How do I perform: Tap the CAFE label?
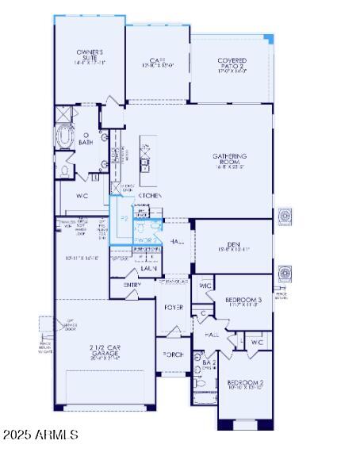pos(157,60)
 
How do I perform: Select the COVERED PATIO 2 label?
pos(232,61)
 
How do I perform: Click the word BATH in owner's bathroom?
pos(86,143)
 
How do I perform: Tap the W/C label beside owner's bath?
pos(82,194)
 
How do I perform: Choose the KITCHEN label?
pos(151,195)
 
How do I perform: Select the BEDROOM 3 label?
pos(243,299)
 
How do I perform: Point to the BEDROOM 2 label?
pos(244,382)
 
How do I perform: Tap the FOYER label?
pos(174,307)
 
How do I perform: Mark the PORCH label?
pos(173,354)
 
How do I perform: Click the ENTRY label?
pos(133,285)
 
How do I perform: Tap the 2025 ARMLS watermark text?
pos(40,435)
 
